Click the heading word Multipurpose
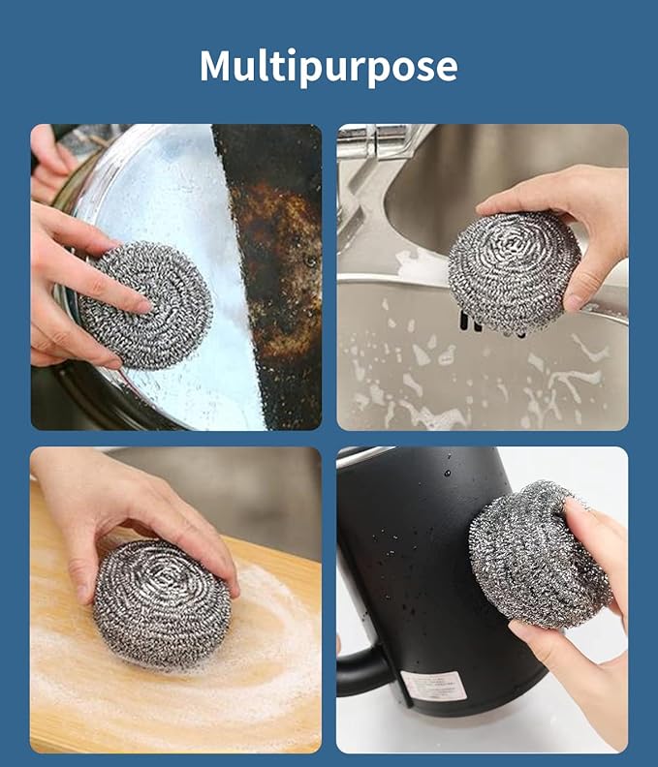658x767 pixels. tap(329, 66)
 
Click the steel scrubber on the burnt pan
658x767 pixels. tap(145, 304)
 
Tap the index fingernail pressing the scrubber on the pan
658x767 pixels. tap(143, 307)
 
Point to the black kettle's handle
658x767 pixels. tap(359, 668)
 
